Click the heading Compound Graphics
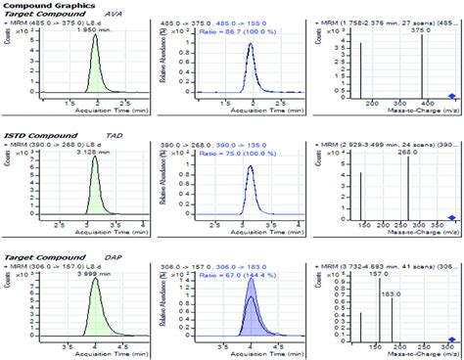click(34, 5)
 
